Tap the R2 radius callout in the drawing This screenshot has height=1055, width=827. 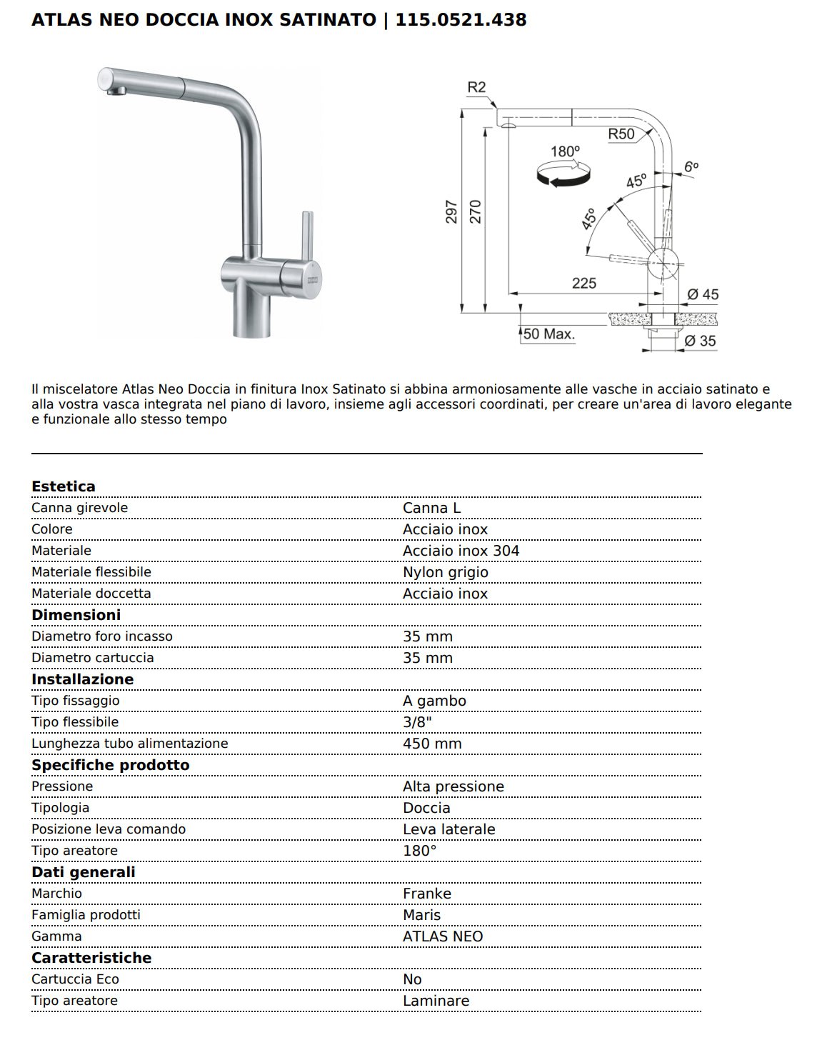tap(476, 87)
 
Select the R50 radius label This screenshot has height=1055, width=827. tap(621, 134)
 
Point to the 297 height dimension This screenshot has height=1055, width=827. tap(451, 211)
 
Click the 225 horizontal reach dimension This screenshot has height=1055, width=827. tap(583, 283)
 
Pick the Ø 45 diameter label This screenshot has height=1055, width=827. tap(702, 294)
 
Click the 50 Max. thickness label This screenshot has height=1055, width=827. tap(548, 334)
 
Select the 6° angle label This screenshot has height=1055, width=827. tap(691, 166)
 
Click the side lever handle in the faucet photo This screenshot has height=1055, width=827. tap(307, 236)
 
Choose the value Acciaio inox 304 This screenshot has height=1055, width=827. tap(461, 551)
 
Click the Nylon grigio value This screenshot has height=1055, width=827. tap(445, 572)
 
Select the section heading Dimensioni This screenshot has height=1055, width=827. tap(76, 615)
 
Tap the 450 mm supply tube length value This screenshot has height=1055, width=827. tap(432, 744)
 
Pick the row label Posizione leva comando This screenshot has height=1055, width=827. tap(109, 829)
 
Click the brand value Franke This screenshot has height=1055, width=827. tap(426, 894)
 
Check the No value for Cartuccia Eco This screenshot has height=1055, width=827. tap(412, 979)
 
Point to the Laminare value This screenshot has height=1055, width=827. tap(436, 1001)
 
